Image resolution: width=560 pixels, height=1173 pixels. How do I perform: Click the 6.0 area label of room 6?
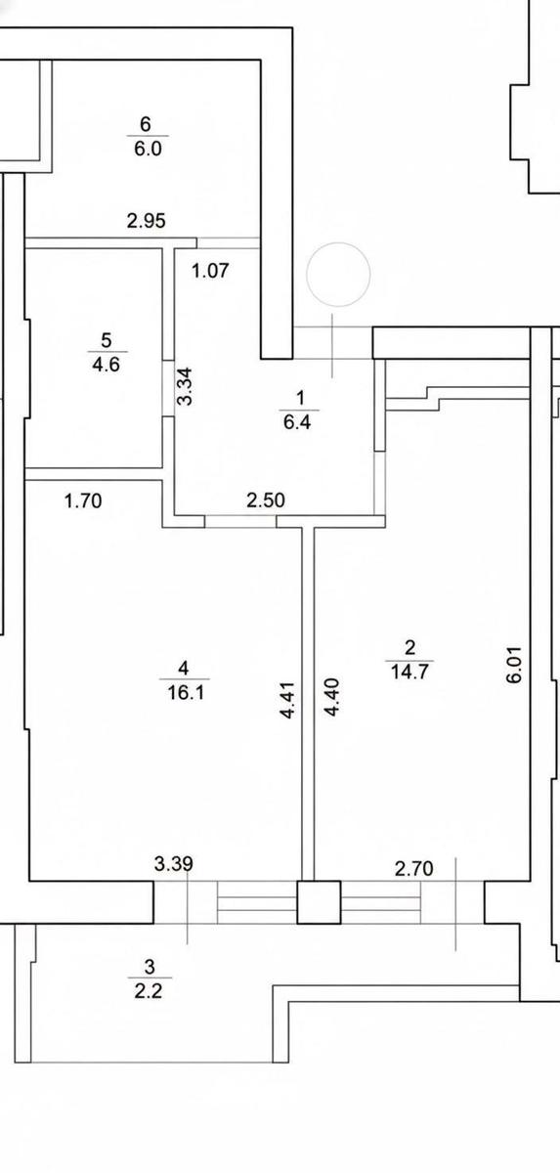pos(149,149)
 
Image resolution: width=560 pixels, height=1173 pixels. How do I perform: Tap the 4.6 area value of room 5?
pos(106,364)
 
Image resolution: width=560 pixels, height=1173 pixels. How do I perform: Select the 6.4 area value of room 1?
pos(297,422)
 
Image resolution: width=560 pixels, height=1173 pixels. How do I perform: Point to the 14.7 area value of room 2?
pos(409,671)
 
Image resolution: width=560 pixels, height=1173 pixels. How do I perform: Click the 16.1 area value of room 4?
pos(186,693)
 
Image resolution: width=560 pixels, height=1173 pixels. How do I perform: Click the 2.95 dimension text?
pos(147,221)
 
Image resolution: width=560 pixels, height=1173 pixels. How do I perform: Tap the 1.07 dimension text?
pos(210,270)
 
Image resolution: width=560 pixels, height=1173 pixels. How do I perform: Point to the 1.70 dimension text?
pos(83,501)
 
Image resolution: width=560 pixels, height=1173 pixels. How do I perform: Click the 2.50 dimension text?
pos(266,500)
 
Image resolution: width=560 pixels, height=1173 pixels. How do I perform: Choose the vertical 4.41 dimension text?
pos(289,700)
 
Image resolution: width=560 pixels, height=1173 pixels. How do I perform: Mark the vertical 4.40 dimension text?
pos(332,697)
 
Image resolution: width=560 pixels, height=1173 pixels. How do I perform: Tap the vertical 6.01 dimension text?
pos(514,664)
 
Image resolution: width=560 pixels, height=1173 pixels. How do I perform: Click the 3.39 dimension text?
pos(174,863)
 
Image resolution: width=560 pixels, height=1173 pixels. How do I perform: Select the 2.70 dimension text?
pos(413,869)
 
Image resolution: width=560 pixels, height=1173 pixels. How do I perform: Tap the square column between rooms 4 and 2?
pos(319,901)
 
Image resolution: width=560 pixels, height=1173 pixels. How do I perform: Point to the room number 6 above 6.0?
pos(146,124)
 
